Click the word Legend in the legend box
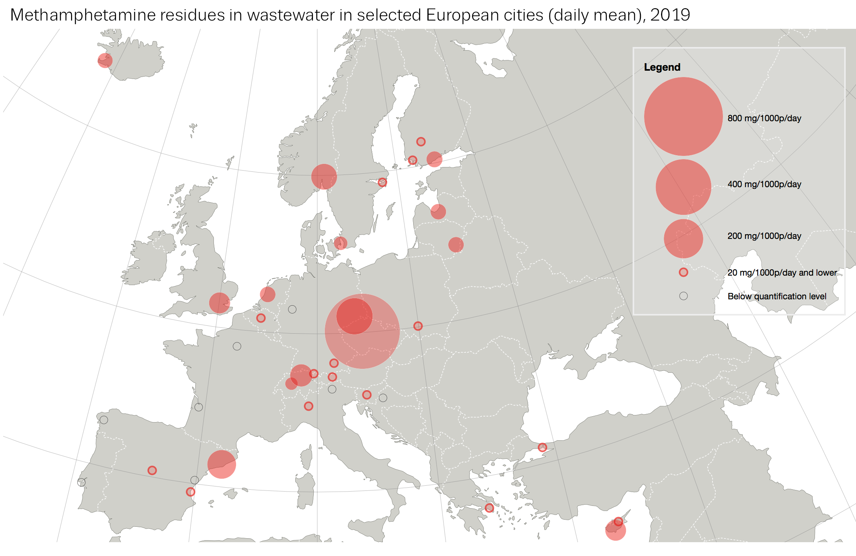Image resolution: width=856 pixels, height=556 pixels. click(x=662, y=67)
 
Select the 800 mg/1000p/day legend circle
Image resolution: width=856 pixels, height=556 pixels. click(x=683, y=116)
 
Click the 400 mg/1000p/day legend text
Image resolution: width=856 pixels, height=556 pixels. click(x=764, y=184)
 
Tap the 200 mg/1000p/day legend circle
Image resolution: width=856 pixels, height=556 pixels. click(x=683, y=239)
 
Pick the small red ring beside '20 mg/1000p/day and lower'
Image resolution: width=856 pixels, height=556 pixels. click(x=683, y=272)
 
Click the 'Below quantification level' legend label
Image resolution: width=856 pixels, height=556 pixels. click(x=777, y=296)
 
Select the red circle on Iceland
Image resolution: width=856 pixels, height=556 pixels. click(x=105, y=60)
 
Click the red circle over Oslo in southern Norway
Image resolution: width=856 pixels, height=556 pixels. click(x=324, y=177)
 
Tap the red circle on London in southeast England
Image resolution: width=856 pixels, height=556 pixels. click(x=219, y=303)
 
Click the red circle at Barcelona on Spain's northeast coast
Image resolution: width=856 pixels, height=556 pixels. click(x=221, y=464)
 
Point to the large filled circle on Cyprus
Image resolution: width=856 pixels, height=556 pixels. click(x=615, y=530)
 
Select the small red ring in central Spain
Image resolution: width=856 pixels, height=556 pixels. click(x=152, y=470)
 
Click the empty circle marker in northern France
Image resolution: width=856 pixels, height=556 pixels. click(x=237, y=346)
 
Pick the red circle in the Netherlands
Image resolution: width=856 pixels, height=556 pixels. click(x=268, y=294)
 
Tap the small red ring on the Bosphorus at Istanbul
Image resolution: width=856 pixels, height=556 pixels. click(x=542, y=447)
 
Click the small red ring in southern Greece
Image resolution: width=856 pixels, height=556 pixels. click(x=489, y=508)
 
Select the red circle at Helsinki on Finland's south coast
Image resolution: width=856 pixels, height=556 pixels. click(x=434, y=159)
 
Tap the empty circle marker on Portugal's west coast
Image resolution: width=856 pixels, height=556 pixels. click(x=81, y=482)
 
